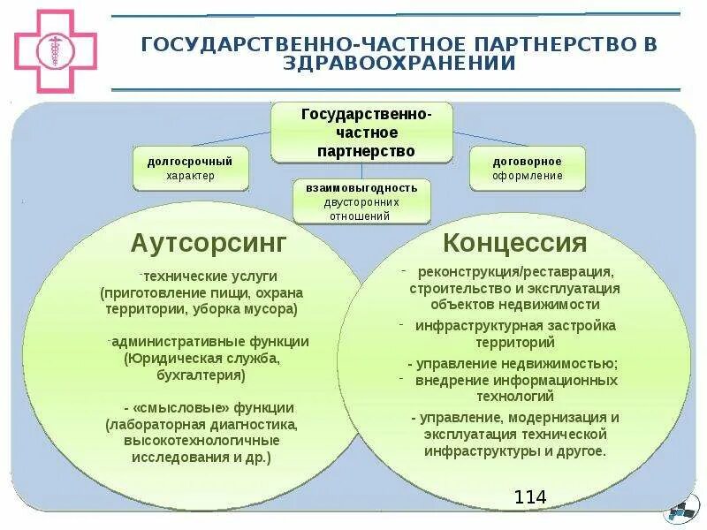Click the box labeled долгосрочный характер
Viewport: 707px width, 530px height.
tap(190, 169)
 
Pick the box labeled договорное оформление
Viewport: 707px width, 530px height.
tap(528, 169)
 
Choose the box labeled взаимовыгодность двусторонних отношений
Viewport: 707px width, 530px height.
tap(361, 201)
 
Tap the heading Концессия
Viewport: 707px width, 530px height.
tap(515, 242)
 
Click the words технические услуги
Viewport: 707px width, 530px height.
tap(211, 276)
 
